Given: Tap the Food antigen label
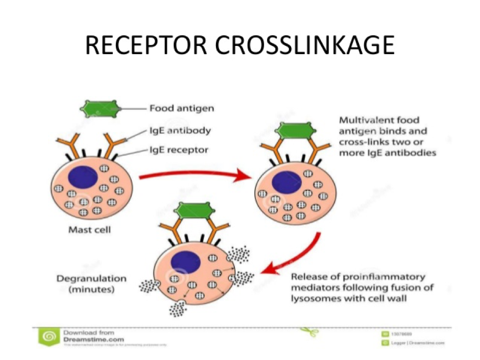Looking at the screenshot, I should (181, 108).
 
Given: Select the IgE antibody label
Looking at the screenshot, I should (180, 130).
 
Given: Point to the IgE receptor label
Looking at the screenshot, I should (179, 150).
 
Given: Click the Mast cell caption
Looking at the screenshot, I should (89, 230).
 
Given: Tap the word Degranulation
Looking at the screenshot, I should (84, 279).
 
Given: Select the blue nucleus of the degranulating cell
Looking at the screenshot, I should (185, 261).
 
